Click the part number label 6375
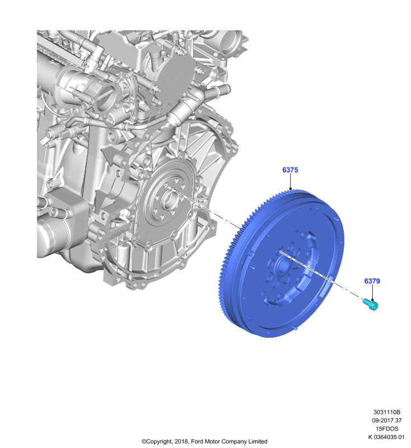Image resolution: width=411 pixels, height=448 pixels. (290, 170)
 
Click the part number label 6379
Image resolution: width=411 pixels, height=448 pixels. (372, 281)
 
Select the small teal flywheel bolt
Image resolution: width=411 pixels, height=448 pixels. (371, 304)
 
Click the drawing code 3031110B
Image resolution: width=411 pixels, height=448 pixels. (387, 412)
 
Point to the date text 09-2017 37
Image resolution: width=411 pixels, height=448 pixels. (387, 421)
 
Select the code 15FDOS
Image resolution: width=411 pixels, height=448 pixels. (387, 428)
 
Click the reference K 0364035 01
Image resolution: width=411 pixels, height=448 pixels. (386, 437)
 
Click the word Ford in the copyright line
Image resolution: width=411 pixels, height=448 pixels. (197, 441)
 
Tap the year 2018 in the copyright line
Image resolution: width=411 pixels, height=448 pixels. (181, 441)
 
